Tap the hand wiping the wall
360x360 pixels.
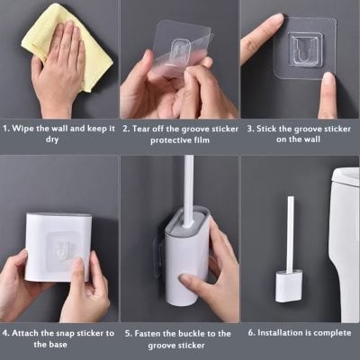58,67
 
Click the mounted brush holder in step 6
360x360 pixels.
291,285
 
